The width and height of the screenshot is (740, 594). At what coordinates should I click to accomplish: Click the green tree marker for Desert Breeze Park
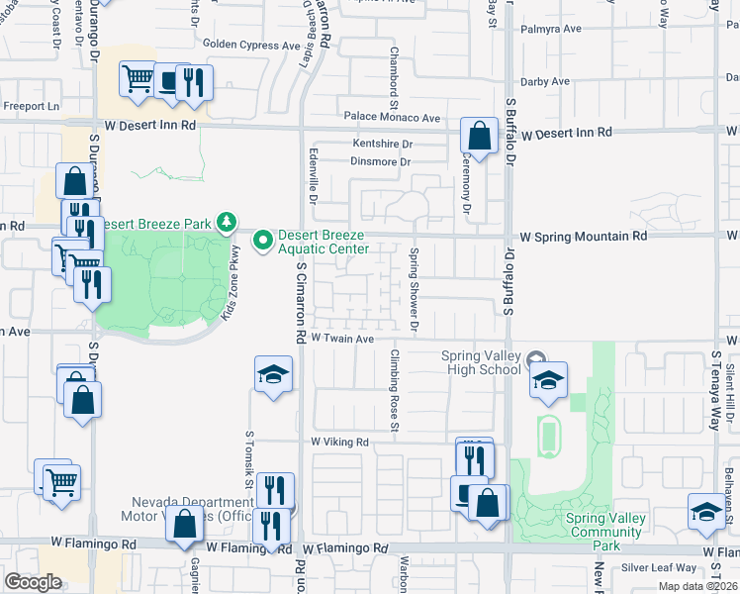228,221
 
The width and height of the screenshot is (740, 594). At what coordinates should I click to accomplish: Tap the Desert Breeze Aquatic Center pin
263,240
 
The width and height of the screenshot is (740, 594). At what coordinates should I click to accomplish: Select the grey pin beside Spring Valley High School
536,359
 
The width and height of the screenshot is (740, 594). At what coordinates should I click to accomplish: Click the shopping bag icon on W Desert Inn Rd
480,136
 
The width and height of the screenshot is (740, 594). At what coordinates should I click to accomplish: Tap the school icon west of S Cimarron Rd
273,374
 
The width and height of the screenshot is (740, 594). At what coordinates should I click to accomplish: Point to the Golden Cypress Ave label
251,45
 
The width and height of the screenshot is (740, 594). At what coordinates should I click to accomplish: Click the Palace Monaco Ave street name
392,118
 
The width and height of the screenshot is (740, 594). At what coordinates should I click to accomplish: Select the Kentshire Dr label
382,144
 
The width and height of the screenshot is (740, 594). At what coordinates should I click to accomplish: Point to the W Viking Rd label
339,442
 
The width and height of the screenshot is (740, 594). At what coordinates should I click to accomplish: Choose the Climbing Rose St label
393,391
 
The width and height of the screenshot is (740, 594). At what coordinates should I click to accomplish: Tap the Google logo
33,582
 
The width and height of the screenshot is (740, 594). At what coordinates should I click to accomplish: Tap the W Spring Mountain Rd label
584,237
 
